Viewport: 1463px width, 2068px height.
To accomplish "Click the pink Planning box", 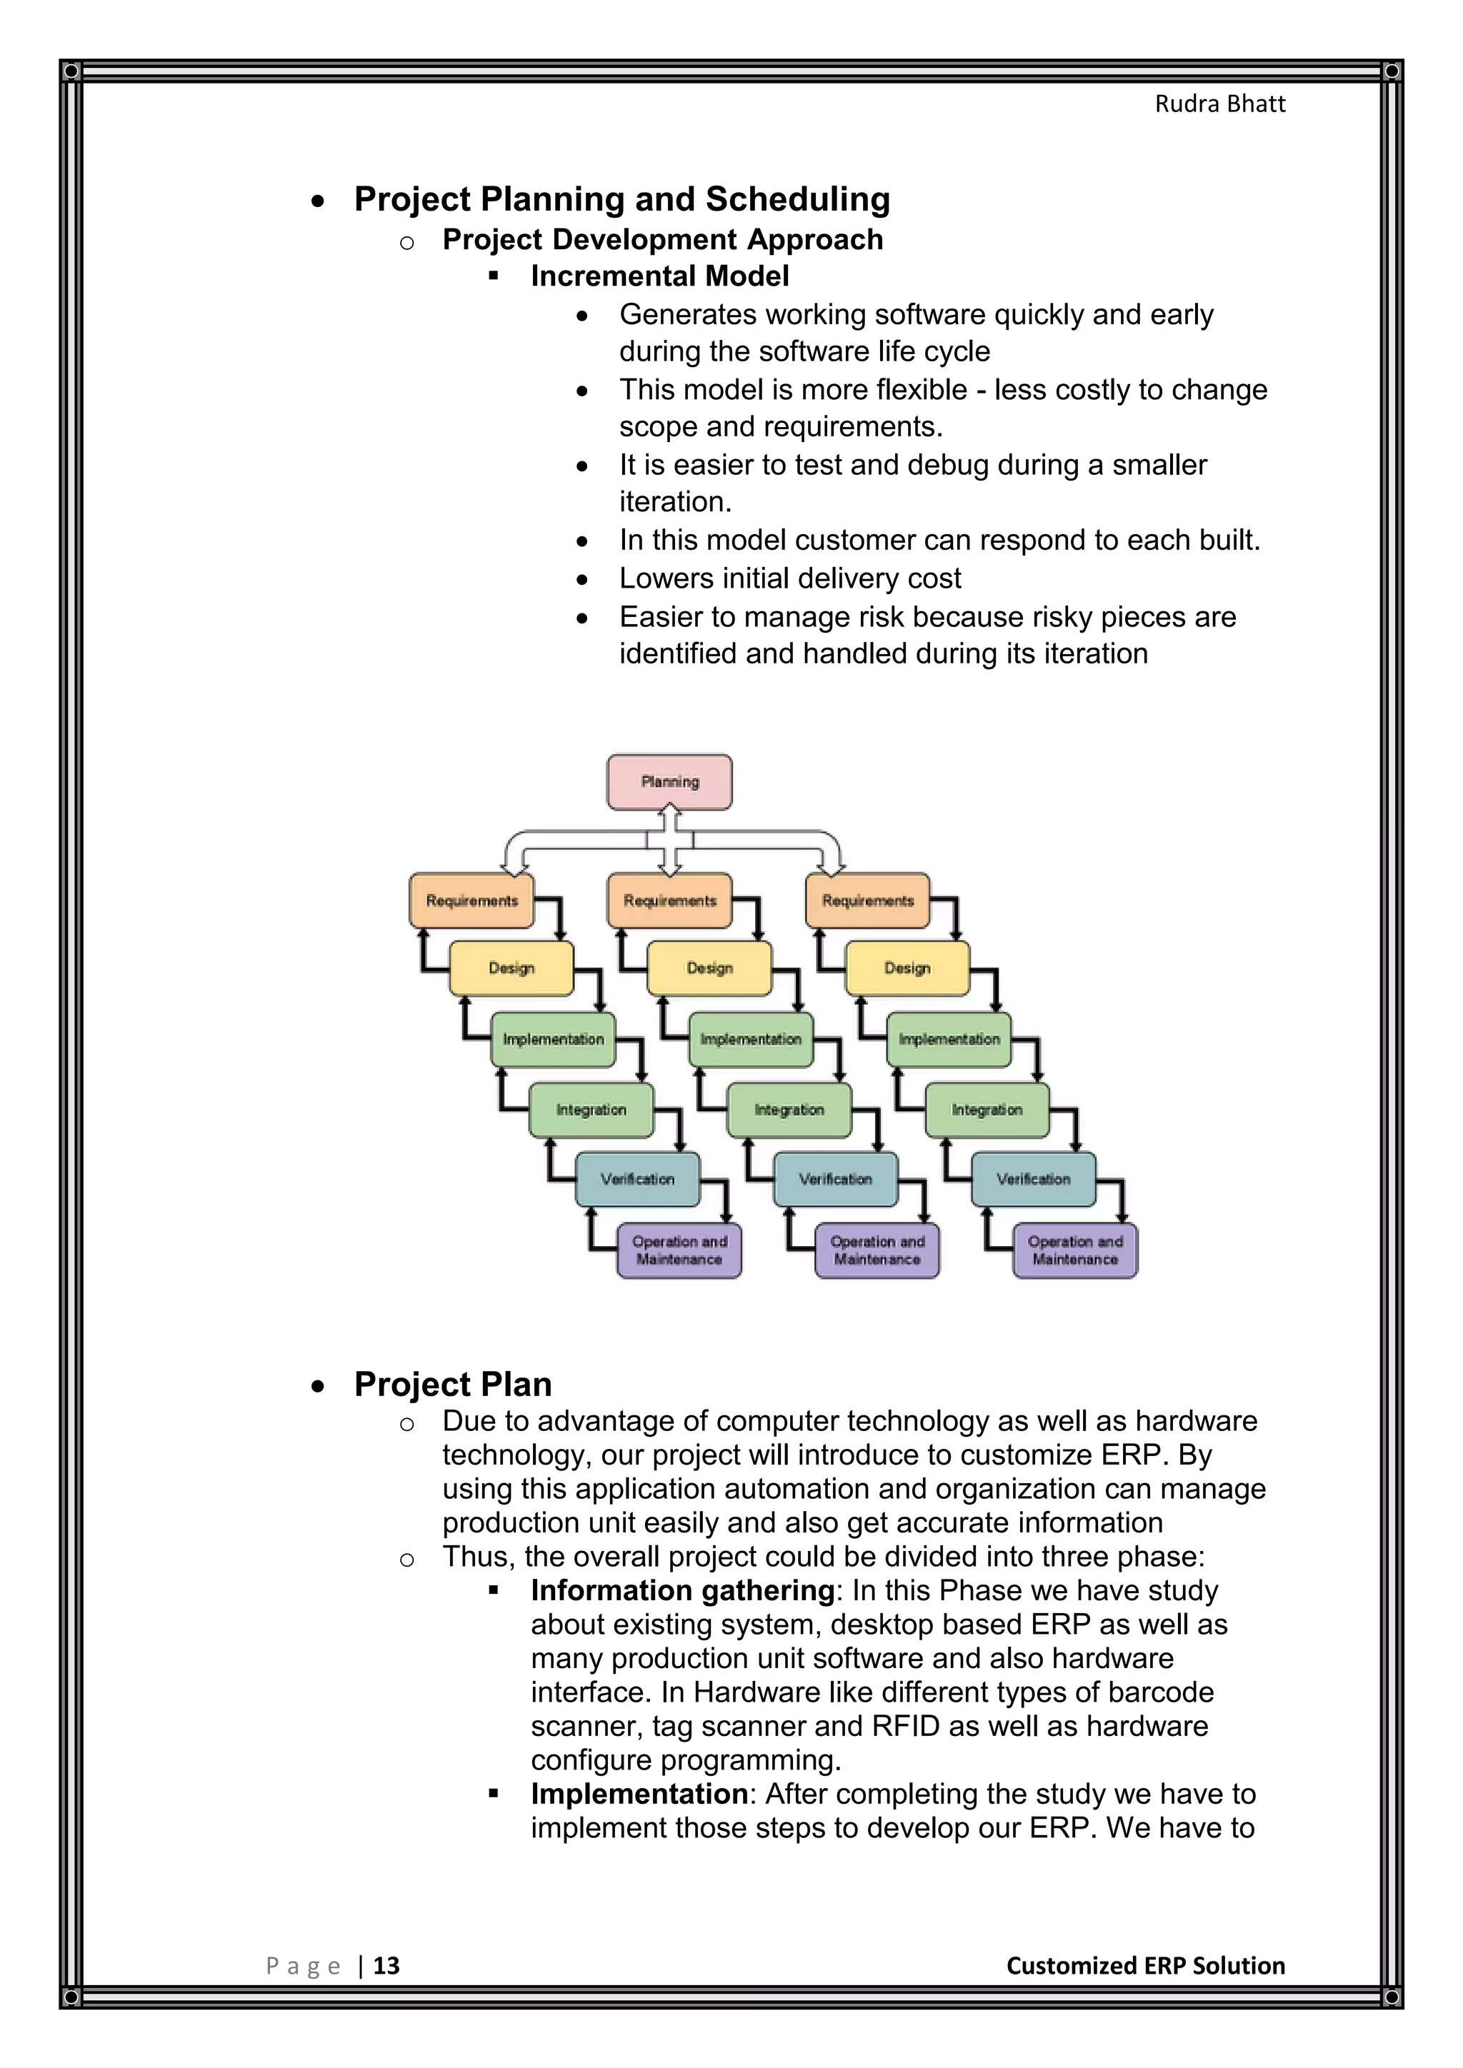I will click(x=669, y=782).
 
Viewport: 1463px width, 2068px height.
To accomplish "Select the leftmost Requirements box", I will click(x=471, y=900).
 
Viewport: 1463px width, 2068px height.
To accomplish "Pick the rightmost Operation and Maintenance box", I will click(x=1074, y=1250).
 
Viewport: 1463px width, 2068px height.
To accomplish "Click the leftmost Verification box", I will click(x=638, y=1179).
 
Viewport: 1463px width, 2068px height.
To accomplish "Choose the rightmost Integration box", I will click(x=987, y=1110).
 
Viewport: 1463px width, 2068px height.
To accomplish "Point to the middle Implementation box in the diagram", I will click(x=750, y=1040).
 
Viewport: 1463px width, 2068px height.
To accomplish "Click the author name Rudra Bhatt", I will click(x=1220, y=104).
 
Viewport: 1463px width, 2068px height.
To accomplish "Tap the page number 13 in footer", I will click(x=386, y=1965).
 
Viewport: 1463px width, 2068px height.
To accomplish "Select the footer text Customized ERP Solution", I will click(x=1145, y=1965).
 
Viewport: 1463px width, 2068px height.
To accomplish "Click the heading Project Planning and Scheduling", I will click(x=621, y=199).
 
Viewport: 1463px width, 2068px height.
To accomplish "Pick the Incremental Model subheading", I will click(x=659, y=276).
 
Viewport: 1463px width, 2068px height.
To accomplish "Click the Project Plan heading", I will click(x=452, y=1385).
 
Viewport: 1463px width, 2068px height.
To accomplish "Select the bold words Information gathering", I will click(x=682, y=1590).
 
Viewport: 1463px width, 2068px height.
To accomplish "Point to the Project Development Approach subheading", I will click(x=662, y=240).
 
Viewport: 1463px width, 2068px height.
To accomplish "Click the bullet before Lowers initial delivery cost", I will click(x=583, y=580).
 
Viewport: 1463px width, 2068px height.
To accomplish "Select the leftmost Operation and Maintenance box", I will click(x=679, y=1250).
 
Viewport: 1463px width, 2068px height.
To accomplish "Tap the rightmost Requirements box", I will click(x=867, y=900).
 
